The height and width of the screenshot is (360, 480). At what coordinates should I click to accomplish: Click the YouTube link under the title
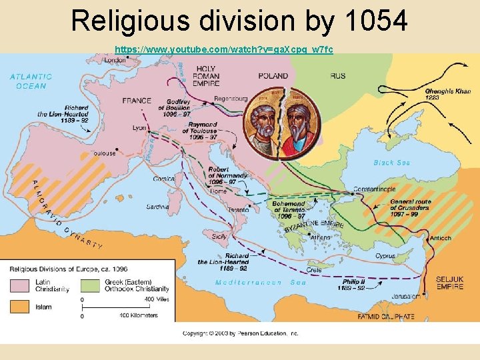point(224,50)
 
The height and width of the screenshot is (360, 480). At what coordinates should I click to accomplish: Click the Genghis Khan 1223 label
point(448,94)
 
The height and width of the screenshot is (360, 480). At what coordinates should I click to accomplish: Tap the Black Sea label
point(392,163)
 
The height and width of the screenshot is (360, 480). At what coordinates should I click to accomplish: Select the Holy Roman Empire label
point(215,77)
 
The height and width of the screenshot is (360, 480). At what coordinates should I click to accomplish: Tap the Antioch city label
point(441,238)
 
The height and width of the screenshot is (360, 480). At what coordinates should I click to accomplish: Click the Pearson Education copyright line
point(240,333)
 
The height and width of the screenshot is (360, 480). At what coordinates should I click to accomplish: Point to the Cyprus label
point(385,256)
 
